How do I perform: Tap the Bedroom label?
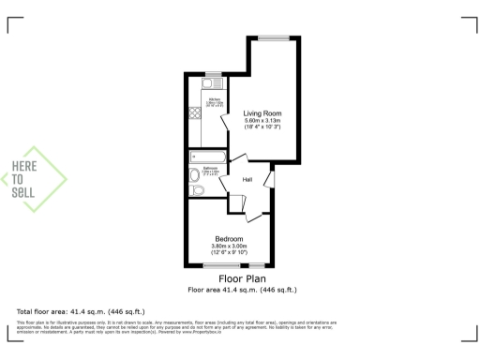(230, 239)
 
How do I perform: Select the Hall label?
(247, 179)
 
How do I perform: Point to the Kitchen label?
(214, 97)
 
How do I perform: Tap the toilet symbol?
(197, 190)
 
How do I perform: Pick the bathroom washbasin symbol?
(194, 174)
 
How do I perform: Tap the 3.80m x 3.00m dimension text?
(230, 247)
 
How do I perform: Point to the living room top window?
(275, 38)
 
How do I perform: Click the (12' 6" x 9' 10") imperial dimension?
(230, 253)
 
